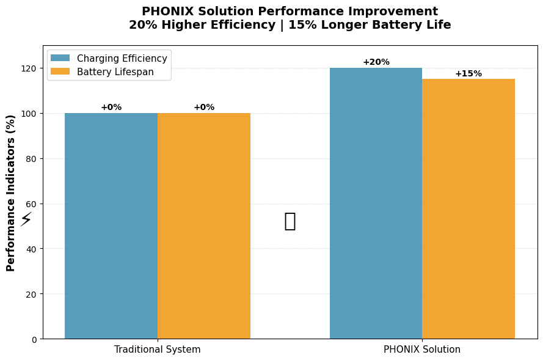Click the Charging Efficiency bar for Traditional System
pos(111,226)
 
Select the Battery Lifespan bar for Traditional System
pos(204,226)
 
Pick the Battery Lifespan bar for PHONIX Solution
pos(468,208)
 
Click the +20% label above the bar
pos(376,62)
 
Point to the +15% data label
pos(468,73)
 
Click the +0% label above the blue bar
pos(111,107)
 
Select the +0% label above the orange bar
pos(204,107)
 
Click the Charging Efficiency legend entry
pos(122,58)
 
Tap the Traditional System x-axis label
pos(157,350)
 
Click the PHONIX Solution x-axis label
pos(422,350)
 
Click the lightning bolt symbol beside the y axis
pos(26,219)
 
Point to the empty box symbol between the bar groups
pos(290,221)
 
